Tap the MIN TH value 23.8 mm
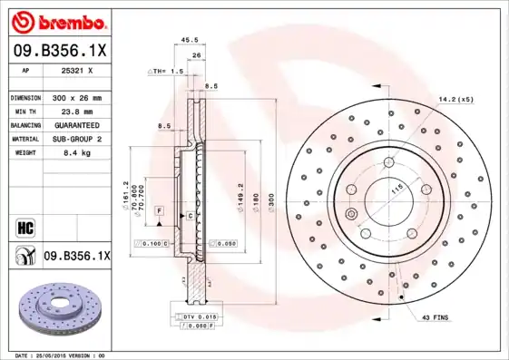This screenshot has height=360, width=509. [x=75, y=111]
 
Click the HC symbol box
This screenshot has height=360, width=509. [x=24, y=226]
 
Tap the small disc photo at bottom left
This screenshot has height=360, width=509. [x=57, y=309]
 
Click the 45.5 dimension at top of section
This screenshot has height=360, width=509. [x=190, y=40]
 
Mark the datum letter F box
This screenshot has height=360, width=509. [x=159, y=210]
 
